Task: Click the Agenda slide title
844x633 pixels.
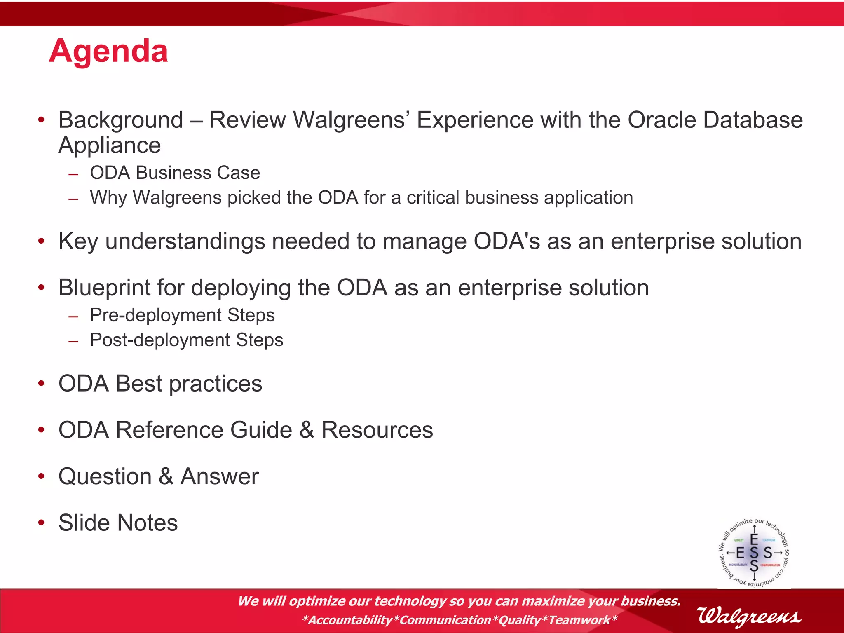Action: [x=108, y=51]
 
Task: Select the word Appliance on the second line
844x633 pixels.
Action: [x=110, y=145]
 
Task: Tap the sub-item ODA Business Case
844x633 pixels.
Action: [x=175, y=173]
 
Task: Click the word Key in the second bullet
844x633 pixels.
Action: [x=78, y=241]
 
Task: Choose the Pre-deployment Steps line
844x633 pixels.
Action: [x=182, y=315]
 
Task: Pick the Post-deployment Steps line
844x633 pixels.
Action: [x=186, y=340]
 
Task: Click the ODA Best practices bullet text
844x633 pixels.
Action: [x=160, y=384]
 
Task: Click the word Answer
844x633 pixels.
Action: [x=220, y=477]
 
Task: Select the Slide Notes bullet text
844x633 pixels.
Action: [x=118, y=523]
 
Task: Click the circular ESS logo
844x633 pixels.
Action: [x=754, y=552]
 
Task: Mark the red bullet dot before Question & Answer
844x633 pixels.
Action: [x=41, y=476]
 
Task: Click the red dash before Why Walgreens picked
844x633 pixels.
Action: [x=73, y=199]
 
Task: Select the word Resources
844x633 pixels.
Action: [x=377, y=430]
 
